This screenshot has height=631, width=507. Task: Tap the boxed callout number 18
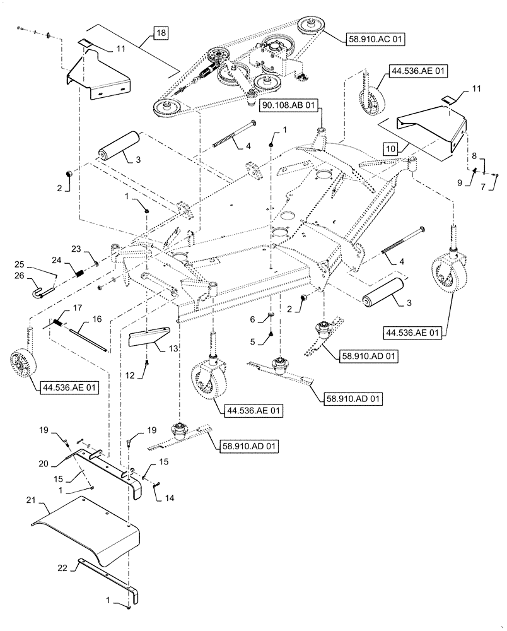(x=160, y=33)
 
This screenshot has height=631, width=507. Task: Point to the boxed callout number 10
(x=390, y=149)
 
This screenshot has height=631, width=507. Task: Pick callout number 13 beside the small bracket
(x=173, y=348)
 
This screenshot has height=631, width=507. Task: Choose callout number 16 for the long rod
(x=97, y=320)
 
